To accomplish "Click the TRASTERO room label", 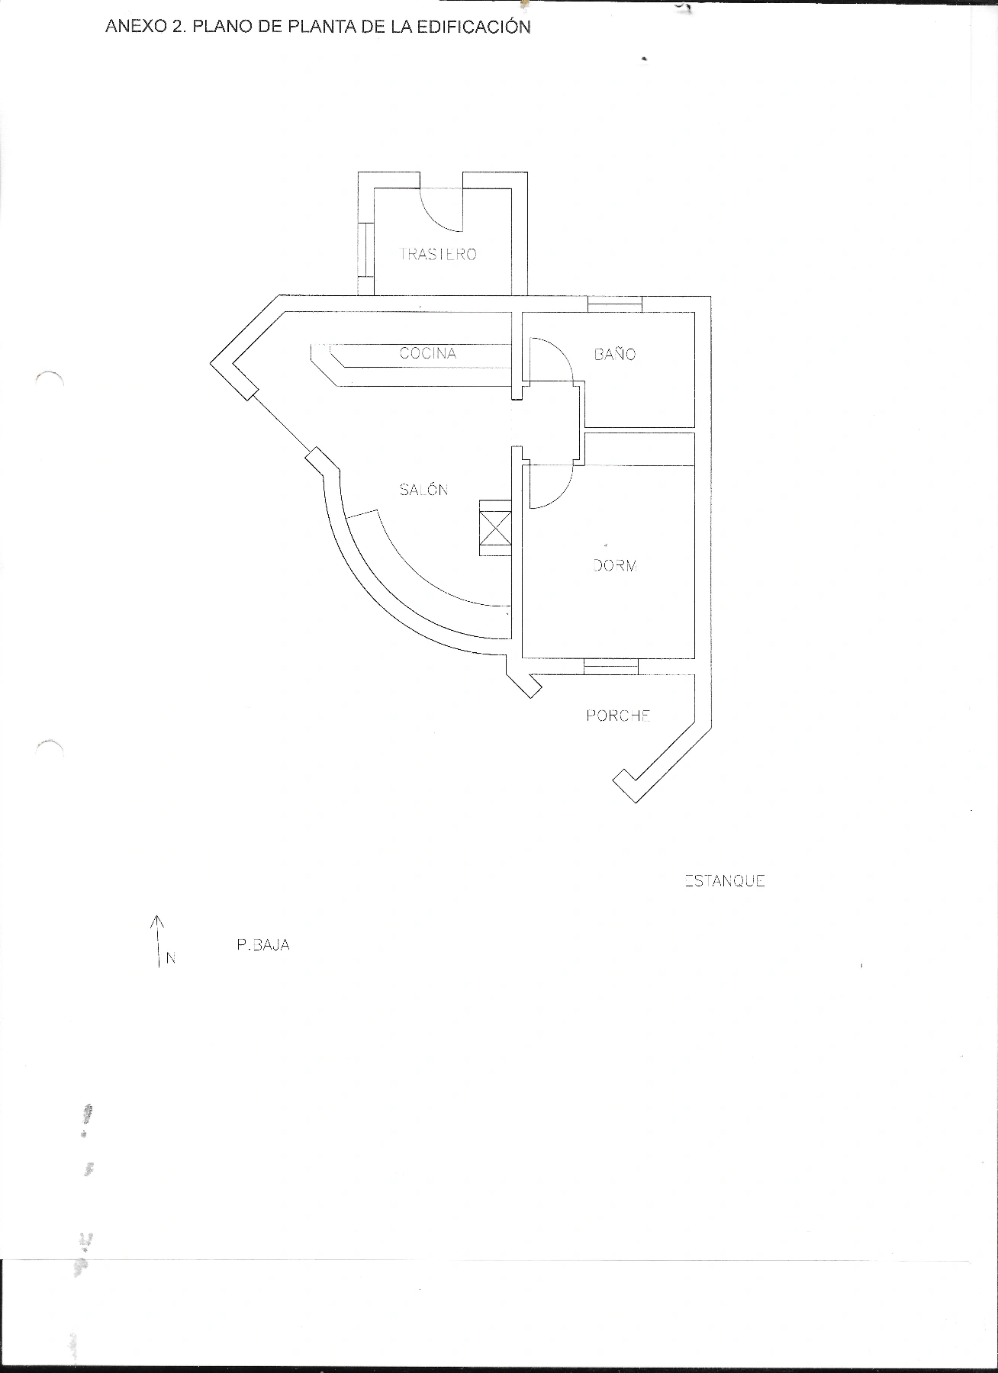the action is (438, 254).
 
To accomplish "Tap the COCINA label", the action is (428, 353).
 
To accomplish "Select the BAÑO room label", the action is (615, 354).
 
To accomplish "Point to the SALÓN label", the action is (423, 490).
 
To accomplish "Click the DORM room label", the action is (615, 565).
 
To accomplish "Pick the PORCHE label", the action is (618, 715).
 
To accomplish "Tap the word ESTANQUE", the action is (725, 881).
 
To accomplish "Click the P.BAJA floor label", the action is (263, 945).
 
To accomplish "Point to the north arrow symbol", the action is (157, 941).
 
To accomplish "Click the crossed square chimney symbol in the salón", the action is (494, 528).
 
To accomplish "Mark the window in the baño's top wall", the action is (615, 304).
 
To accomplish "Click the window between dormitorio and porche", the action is (610, 666).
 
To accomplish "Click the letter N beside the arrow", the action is (171, 958).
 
